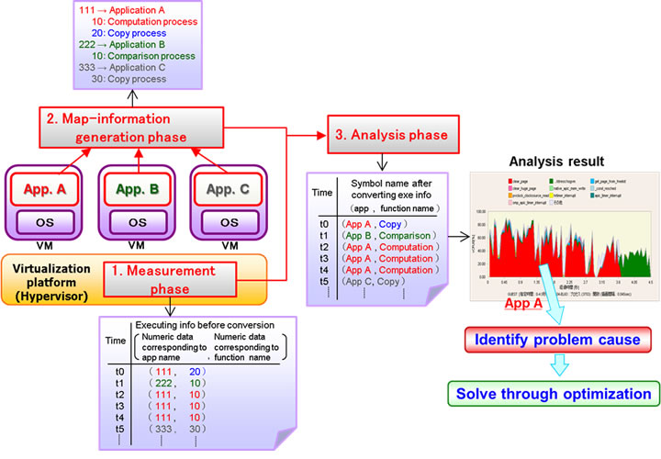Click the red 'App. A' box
[41, 189]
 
